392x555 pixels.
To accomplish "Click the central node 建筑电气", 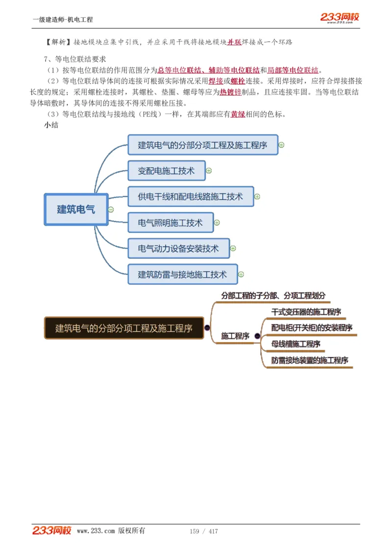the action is pyautogui.click(x=76, y=209).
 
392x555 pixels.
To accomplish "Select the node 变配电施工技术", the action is pyautogui.click(x=166, y=171).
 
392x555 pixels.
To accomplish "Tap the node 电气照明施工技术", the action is pyautogui.click(x=170, y=223).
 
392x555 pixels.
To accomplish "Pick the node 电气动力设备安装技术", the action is pyautogui.click(x=178, y=249).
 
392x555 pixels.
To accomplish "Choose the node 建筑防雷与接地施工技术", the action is pyautogui.click(x=182, y=275).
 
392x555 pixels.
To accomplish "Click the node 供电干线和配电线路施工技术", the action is pyautogui.click(x=191, y=197).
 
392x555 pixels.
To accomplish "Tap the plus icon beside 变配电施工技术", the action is pyautogui.click(x=209, y=171).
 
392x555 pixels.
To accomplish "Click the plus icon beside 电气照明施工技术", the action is pyautogui.click(x=217, y=223).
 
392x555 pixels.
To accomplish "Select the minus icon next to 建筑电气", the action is pyautogui.click(x=111, y=209).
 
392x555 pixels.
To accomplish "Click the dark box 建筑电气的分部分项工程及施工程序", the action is pyautogui.click(x=123, y=328).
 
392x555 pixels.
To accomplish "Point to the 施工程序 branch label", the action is pyautogui.click(x=235, y=336).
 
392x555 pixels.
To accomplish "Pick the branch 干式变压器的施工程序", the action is pyautogui.click(x=306, y=312).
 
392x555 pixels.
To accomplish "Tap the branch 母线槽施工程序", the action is pyautogui.click(x=296, y=344).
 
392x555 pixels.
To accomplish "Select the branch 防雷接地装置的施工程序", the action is pyautogui.click(x=310, y=360).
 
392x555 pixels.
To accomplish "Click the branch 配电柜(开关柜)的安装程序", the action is pyautogui.click(x=312, y=328).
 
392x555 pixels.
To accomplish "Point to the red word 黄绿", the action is pyautogui.click(x=238, y=114).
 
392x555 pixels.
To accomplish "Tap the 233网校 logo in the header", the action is pyautogui.click(x=340, y=18).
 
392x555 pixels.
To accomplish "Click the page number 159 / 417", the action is pyautogui.click(x=204, y=531).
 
